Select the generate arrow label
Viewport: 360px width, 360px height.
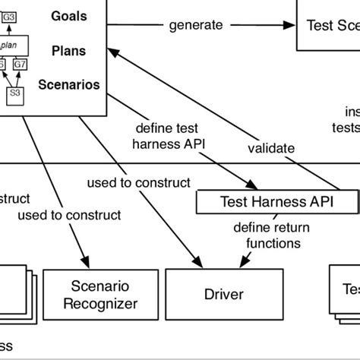coord(197,25)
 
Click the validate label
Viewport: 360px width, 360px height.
coord(271,148)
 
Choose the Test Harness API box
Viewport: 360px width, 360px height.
coord(276,201)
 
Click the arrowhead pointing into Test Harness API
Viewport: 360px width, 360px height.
coord(248,185)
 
